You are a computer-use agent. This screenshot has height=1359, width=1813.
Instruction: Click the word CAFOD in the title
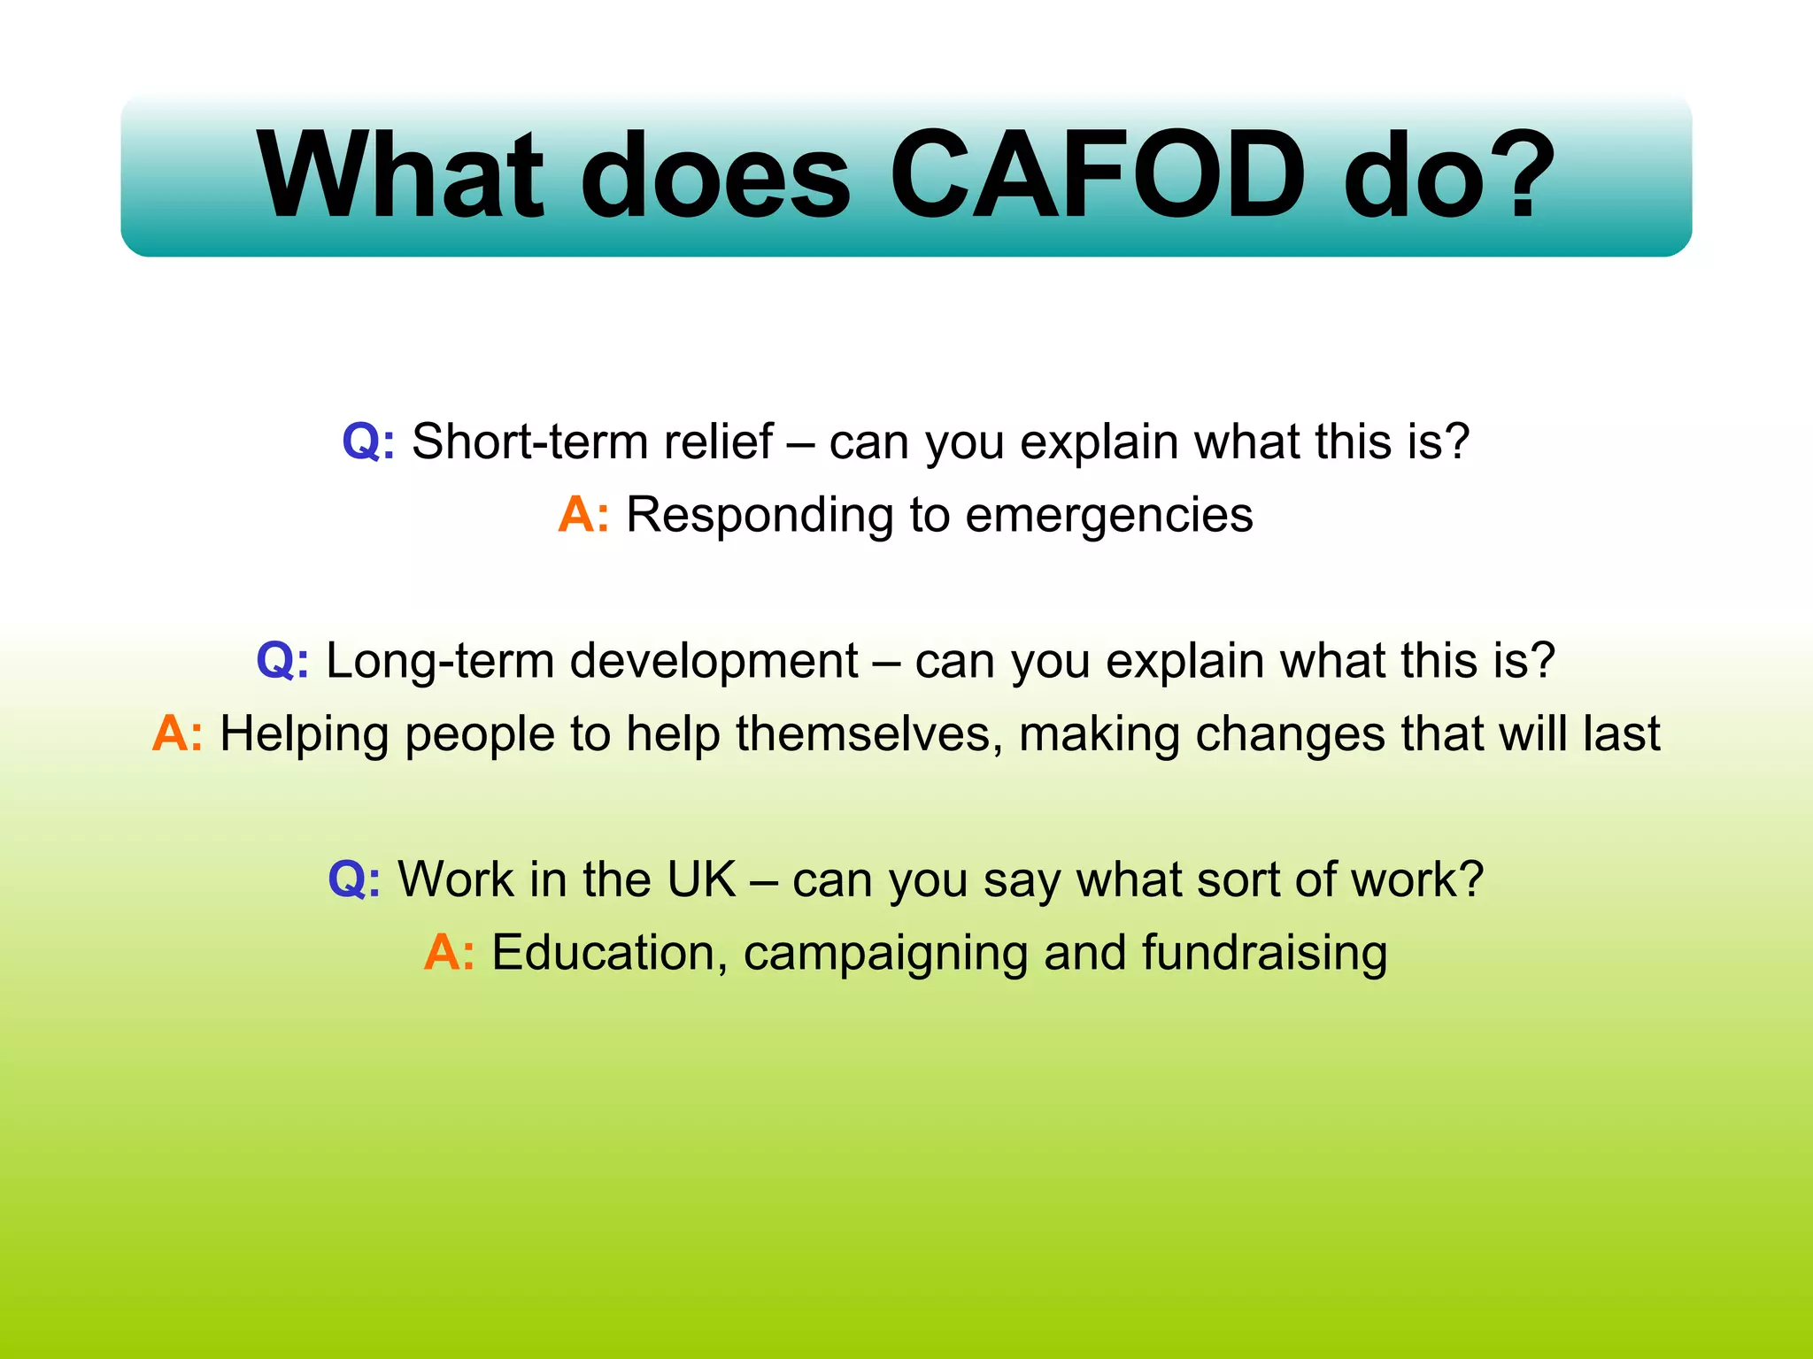pyautogui.click(x=1098, y=175)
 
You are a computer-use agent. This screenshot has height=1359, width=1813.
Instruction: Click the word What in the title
pyautogui.click(x=400, y=175)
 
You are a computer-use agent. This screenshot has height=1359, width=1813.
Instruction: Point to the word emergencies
pyautogui.click(x=1108, y=515)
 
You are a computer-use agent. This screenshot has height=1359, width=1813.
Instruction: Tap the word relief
pyautogui.click(x=718, y=441)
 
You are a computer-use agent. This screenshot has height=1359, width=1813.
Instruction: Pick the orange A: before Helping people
pyautogui.click(x=177, y=734)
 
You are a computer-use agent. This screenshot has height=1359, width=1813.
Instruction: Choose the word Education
pyautogui.click(x=603, y=954)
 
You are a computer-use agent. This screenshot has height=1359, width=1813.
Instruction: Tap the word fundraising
pyautogui.click(x=1264, y=954)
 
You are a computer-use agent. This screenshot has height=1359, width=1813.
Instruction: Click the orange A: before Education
pyautogui.click(x=449, y=954)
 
